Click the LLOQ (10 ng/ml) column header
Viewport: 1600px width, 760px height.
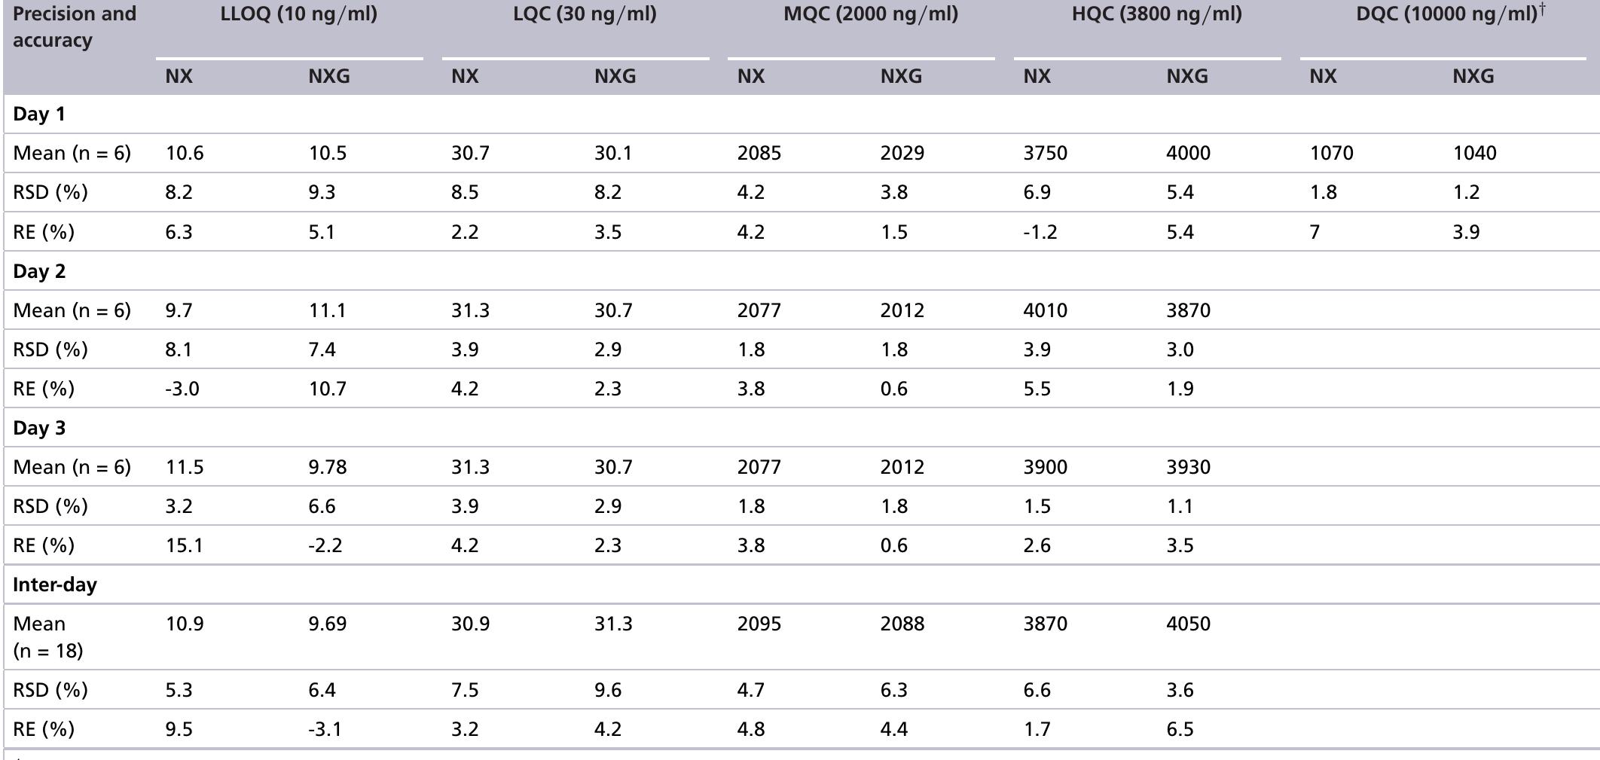(298, 14)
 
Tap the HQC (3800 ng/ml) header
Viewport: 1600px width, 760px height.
(1156, 14)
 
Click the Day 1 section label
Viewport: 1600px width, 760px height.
(39, 114)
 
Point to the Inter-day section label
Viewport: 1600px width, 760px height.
(55, 585)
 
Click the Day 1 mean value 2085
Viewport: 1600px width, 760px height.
(759, 154)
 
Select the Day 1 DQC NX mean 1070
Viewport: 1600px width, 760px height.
(1331, 154)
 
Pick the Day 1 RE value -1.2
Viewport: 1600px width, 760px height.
(1040, 232)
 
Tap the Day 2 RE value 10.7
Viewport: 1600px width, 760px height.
(328, 389)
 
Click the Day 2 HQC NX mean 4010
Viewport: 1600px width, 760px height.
(1045, 311)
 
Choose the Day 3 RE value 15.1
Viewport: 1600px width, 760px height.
(184, 546)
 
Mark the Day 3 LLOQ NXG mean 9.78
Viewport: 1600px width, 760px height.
(328, 468)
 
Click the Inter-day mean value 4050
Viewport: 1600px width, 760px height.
(1188, 624)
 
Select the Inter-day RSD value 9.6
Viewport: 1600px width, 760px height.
(607, 691)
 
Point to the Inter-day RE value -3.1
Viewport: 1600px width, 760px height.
(325, 730)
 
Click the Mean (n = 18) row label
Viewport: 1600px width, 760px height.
(47, 637)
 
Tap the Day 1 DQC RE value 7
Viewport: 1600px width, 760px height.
(1315, 232)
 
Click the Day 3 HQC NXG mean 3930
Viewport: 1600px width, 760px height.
(1188, 468)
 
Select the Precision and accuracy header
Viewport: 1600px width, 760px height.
(74, 27)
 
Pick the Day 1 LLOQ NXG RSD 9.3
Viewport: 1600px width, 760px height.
(322, 193)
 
